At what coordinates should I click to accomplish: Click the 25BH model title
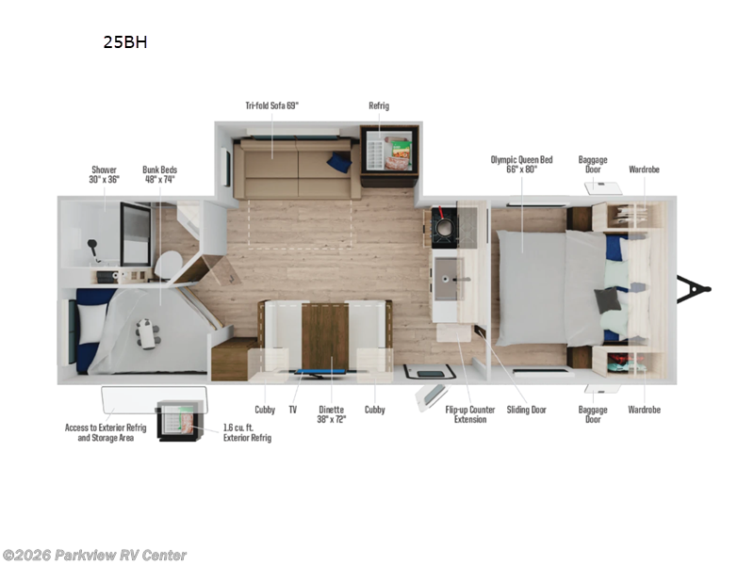pos(125,42)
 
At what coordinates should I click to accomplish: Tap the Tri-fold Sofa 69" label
pos(272,106)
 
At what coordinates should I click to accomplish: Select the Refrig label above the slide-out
pos(379,106)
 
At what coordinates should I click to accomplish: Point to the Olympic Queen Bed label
pos(527,165)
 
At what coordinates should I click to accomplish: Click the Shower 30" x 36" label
pos(105,174)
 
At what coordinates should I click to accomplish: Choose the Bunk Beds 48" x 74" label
pos(158,174)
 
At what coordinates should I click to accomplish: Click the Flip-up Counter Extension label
pos(469,414)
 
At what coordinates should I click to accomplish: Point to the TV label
pos(293,410)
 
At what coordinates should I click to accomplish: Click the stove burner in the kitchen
pos(442,229)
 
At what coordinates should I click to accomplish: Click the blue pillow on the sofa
pos(338,163)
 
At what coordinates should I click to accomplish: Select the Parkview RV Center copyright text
pos(94,556)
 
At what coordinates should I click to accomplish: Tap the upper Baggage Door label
pos(593,165)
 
